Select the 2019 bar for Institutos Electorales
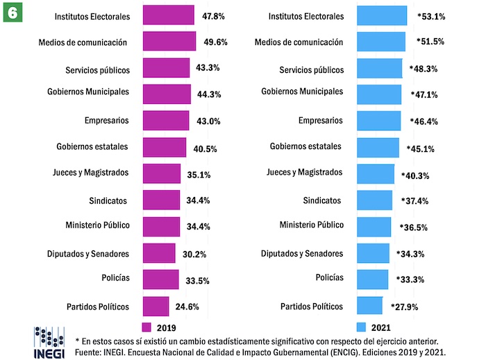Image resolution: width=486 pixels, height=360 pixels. [x=168, y=15]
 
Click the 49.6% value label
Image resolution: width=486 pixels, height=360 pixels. [x=216, y=42]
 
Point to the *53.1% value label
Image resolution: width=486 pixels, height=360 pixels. [x=431, y=15]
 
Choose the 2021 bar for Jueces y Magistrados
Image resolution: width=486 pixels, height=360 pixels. [x=375, y=173]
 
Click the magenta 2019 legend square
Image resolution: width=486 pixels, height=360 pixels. [x=146, y=327]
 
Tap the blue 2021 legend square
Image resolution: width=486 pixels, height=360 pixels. [x=360, y=327]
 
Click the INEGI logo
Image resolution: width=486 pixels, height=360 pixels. [x=49, y=341]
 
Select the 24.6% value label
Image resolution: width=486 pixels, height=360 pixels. [x=189, y=306]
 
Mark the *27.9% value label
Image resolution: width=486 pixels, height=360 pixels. [x=404, y=306]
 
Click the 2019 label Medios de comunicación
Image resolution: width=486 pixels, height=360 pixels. [x=83, y=42]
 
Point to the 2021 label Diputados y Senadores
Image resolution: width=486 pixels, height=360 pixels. [x=302, y=253]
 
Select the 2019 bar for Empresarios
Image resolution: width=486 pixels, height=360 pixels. [x=165, y=121]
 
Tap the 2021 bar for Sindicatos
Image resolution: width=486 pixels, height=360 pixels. [x=374, y=200]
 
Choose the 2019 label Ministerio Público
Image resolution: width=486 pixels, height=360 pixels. [x=98, y=226]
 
